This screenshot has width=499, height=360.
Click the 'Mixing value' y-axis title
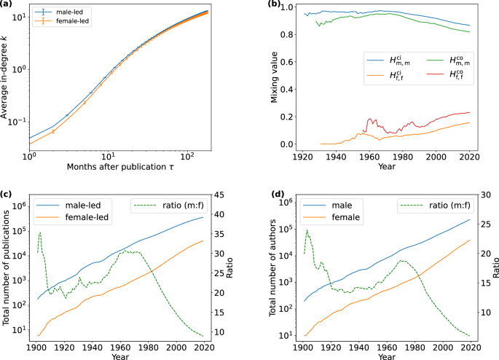275,76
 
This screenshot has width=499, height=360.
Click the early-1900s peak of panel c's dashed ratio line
40,233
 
